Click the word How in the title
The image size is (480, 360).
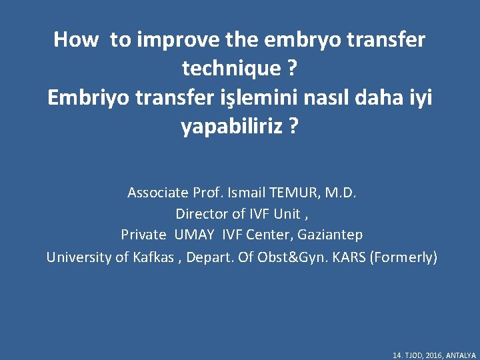[x=75, y=39]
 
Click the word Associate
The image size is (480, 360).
[x=157, y=193]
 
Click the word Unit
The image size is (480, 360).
[x=287, y=214]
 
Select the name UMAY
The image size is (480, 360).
[x=197, y=235]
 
